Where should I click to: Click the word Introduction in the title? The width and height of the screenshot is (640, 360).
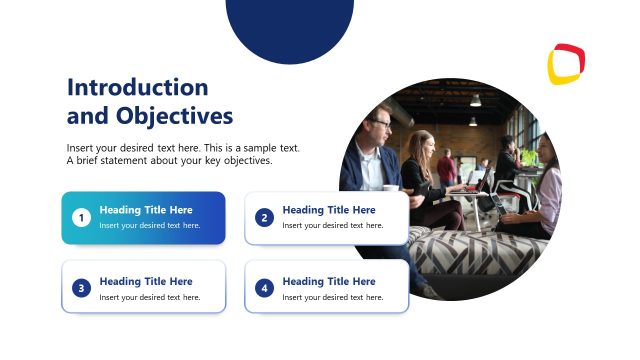click(x=137, y=87)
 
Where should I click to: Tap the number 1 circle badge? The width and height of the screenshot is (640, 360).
click(x=81, y=217)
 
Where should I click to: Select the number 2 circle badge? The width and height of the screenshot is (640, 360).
click(x=264, y=217)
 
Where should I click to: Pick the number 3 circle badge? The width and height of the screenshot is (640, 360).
click(x=81, y=288)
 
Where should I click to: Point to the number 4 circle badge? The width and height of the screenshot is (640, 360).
click(x=264, y=288)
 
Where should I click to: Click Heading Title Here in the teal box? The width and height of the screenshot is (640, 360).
click(x=146, y=210)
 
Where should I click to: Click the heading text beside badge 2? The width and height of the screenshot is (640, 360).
click(x=329, y=210)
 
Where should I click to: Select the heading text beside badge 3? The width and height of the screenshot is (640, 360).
click(x=146, y=281)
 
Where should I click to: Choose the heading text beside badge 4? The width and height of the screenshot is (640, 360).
click(x=329, y=281)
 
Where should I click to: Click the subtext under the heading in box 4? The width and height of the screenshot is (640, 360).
click(x=333, y=297)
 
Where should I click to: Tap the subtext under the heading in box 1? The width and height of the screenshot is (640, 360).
click(x=150, y=226)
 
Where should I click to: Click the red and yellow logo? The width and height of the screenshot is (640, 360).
click(x=566, y=64)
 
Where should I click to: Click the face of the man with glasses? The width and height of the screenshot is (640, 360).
click(x=379, y=128)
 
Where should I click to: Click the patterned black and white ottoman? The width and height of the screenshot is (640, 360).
click(x=470, y=255)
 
